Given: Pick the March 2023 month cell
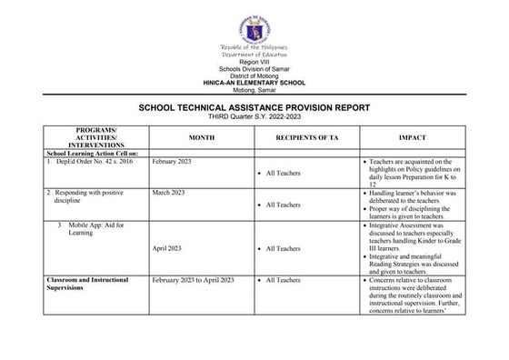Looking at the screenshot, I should tap(168, 193).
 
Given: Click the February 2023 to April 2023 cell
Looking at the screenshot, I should tap(194, 280).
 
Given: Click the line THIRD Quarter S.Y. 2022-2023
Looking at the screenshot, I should tap(254, 115).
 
